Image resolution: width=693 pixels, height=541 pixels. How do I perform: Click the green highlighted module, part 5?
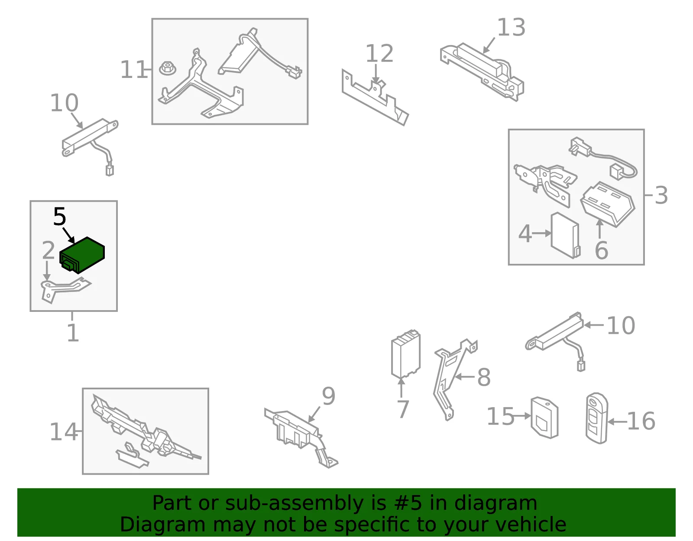tap(82, 255)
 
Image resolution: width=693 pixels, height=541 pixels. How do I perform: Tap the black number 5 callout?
tap(60, 217)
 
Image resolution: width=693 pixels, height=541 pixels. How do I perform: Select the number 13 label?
tap(511, 27)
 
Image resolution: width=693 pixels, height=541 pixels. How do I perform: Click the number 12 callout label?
tap(379, 53)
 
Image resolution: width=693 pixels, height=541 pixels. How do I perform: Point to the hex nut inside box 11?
tap(168, 68)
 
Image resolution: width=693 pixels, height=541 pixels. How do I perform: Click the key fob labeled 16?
tap(597, 418)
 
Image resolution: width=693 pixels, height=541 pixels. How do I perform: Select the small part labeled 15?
tap(544, 417)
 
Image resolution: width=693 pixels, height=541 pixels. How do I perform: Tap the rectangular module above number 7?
tap(406, 353)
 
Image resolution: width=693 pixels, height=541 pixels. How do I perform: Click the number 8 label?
tap(484, 377)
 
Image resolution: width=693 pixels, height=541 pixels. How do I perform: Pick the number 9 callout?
tap(328, 396)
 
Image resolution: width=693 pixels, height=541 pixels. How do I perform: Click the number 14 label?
tap(64, 432)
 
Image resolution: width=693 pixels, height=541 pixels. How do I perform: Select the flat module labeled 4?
tap(565, 235)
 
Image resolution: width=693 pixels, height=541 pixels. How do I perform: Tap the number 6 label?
tap(602, 250)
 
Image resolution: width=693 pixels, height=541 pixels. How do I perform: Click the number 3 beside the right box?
tap(661, 195)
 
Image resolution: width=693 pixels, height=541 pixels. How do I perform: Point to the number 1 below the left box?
tap(73, 333)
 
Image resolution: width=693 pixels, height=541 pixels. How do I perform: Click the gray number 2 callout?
tap(49, 250)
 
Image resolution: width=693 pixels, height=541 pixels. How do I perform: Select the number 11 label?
tap(134, 69)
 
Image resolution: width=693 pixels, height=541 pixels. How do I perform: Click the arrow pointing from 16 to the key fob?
tap(617, 422)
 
